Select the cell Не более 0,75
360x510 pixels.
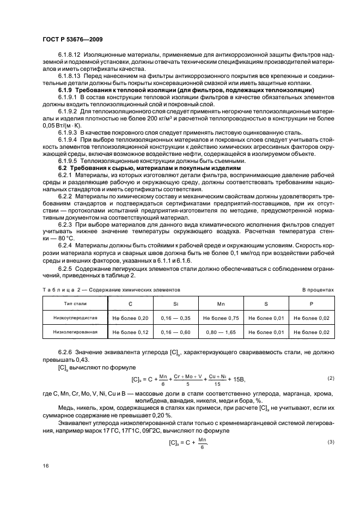tap(221, 317)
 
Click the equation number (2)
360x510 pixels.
tap(330, 378)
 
